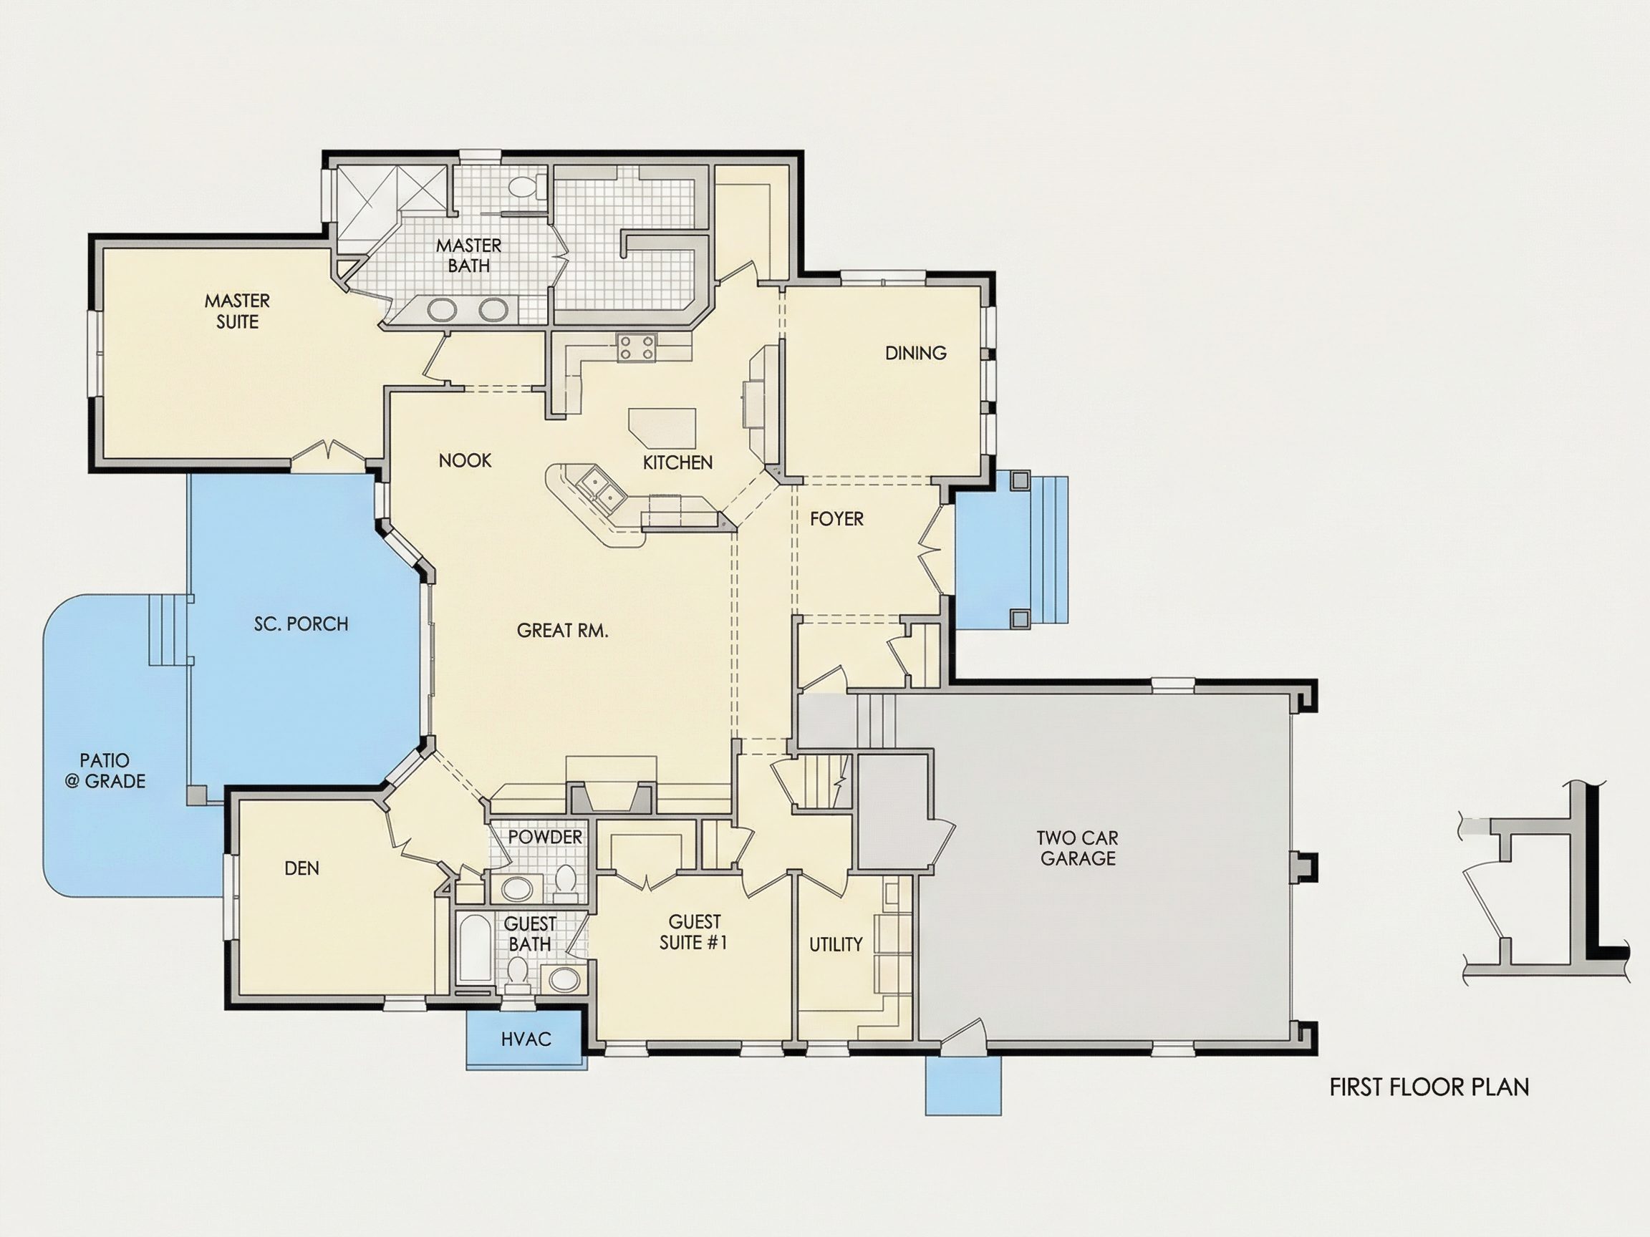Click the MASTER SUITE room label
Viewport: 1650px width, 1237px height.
click(x=237, y=311)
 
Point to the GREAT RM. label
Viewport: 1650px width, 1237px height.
click(x=562, y=631)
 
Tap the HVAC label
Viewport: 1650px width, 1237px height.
click(x=526, y=1039)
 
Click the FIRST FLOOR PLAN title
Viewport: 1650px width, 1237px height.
click(x=1429, y=1087)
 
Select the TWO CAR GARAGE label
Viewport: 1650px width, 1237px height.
click(x=1078, y=848)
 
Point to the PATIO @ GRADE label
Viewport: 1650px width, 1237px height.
click(x=105, y=771)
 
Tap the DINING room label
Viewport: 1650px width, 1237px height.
click(x=916, y=353)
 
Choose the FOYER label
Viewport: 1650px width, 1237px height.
click(x=837, y=519)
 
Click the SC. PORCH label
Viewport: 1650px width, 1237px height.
click(x=301, y=624)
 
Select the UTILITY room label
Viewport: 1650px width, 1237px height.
click(x=836, y=945)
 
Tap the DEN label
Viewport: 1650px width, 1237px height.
click(x=302, y=868)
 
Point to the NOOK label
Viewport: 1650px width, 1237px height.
click(x=465, y=461)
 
